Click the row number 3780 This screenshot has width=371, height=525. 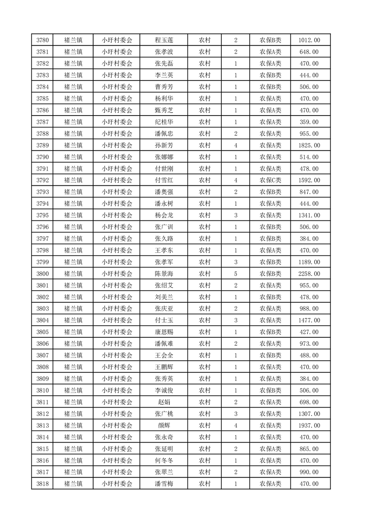click(x=43, y=40)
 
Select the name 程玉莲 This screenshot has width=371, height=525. click(x=164, y=40)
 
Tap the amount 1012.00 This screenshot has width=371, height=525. click(x=309, y=40)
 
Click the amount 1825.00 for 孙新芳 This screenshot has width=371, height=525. click(x=309, y=146)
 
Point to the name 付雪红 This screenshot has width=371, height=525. click(x=164, y=181)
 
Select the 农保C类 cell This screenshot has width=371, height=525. click(x=270, y=181)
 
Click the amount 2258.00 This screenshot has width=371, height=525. click(x=309, y=274)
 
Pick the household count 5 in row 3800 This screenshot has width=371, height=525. click(x=235, y=274)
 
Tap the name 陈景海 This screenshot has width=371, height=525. click(x=164, y=274)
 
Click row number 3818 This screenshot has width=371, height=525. click(x=43, y=484)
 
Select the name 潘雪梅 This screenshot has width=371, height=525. click(x=164, y=484)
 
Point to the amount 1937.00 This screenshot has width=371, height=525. click(x=309, y=425)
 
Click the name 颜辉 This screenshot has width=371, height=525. click(x=164, y=425)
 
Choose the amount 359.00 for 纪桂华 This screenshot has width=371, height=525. click(x=309, y=122)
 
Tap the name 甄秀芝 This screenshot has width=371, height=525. click(x=164, y=110)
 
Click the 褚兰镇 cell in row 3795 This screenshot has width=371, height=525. click(x=73, y=215)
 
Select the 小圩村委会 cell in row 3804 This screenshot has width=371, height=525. click(x=117, y=321)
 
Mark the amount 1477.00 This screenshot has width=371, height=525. click(x=309, y=321)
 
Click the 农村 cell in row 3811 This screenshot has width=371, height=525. click(x=204, y=402)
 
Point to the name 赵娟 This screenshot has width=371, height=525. click(x=164, y=402)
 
